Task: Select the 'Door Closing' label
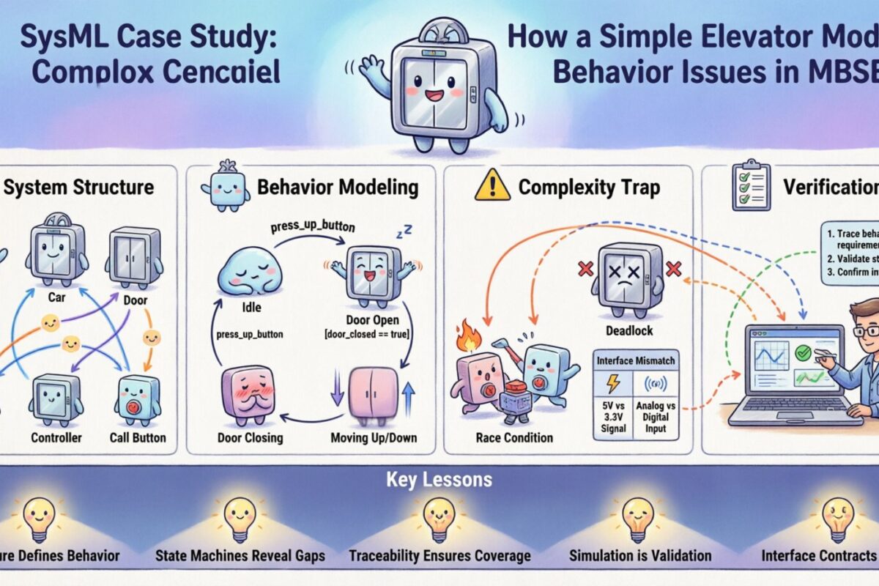click(249, 438)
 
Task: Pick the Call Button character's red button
click(134, 406)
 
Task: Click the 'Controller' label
click(56, 438)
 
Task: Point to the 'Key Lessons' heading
click(439, 481)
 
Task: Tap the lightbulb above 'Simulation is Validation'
click(639, 517)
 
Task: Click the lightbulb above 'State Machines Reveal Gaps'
click(240, 517)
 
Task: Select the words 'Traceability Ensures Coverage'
click(439, 556)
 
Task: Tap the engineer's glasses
click(867, 330)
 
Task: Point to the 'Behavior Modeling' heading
click(338, 188)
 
